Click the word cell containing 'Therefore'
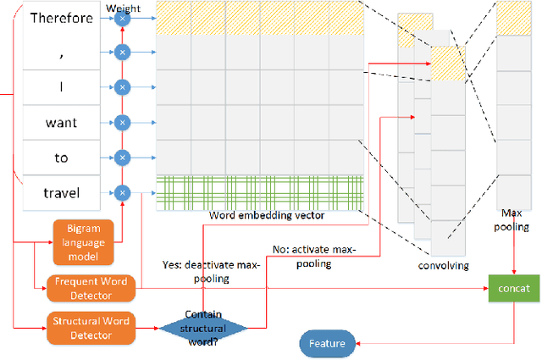[x=61, y=18]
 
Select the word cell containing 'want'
[x=61, y=123]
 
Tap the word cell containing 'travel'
[x=61, y=193]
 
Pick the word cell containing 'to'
[x=61, y=158]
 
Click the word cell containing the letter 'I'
[x=61, y=87]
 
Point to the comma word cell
[x=61, y=53]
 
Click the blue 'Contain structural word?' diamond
[x=204, y=327]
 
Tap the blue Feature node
[x=326, y=343]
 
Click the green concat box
[x=514, y=288]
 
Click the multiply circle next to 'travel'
[x=122, y=193]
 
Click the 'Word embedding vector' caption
[x=268, y=215]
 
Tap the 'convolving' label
[x=443, y=265]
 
